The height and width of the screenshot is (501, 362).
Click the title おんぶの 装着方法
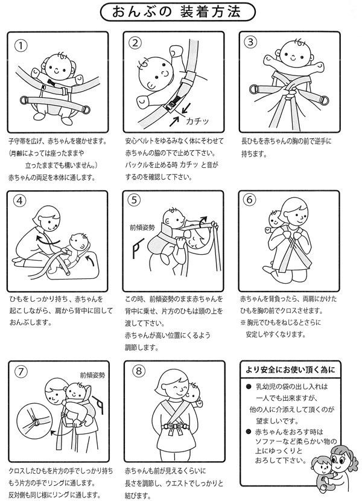pyautogui.click(x=177, y=12)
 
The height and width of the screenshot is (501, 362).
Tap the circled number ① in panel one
pyautogui.click(x=21, y=46)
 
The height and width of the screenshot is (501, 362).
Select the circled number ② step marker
pyautogui.click(x=135, y=43)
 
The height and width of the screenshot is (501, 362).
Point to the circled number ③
pyautogui.click(x=250, y=42)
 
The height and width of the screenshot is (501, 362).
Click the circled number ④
pyautogui.click(x=20, y=200)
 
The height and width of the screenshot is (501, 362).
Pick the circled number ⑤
pyautogui.click(x=134, y=200)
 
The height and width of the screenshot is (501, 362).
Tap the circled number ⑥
pyautogui.click(x=250, y=199)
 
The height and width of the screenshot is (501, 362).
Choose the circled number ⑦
pyautogui.click(x=21, y=372)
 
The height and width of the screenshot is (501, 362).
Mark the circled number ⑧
pyautogui.click(x=139, y=371)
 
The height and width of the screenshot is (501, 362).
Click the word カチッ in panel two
pyautogui.click(x=197, y=121)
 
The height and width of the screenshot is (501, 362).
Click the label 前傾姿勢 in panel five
pyautogui.click(x=142, y=228)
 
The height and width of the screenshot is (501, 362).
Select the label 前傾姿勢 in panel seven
pyautogui.click(x=92, y=375)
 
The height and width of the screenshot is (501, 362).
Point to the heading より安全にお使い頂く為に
pyautogui.click(x=290, y=369)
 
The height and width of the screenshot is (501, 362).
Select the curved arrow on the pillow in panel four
pyautogui.click(x=89, y=259)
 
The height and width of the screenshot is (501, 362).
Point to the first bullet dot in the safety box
pyautogui.click(x=249, y=386)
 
